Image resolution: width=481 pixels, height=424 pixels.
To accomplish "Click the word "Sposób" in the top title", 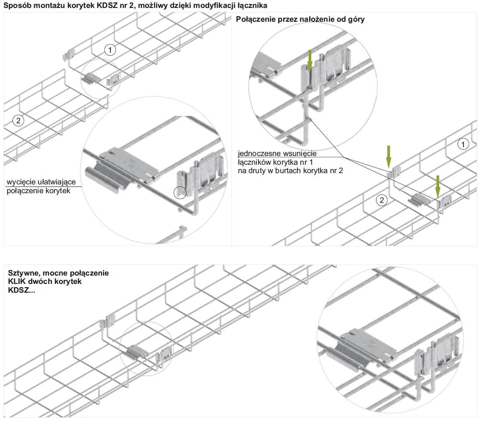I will (x=16, y=5).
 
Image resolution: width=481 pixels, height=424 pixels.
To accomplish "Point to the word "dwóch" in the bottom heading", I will (x=38, y=281).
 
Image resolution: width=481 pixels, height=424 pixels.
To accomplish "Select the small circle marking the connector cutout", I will (x=180, y=192).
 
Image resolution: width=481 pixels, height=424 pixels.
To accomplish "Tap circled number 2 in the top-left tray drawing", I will (x=18, y=121).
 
